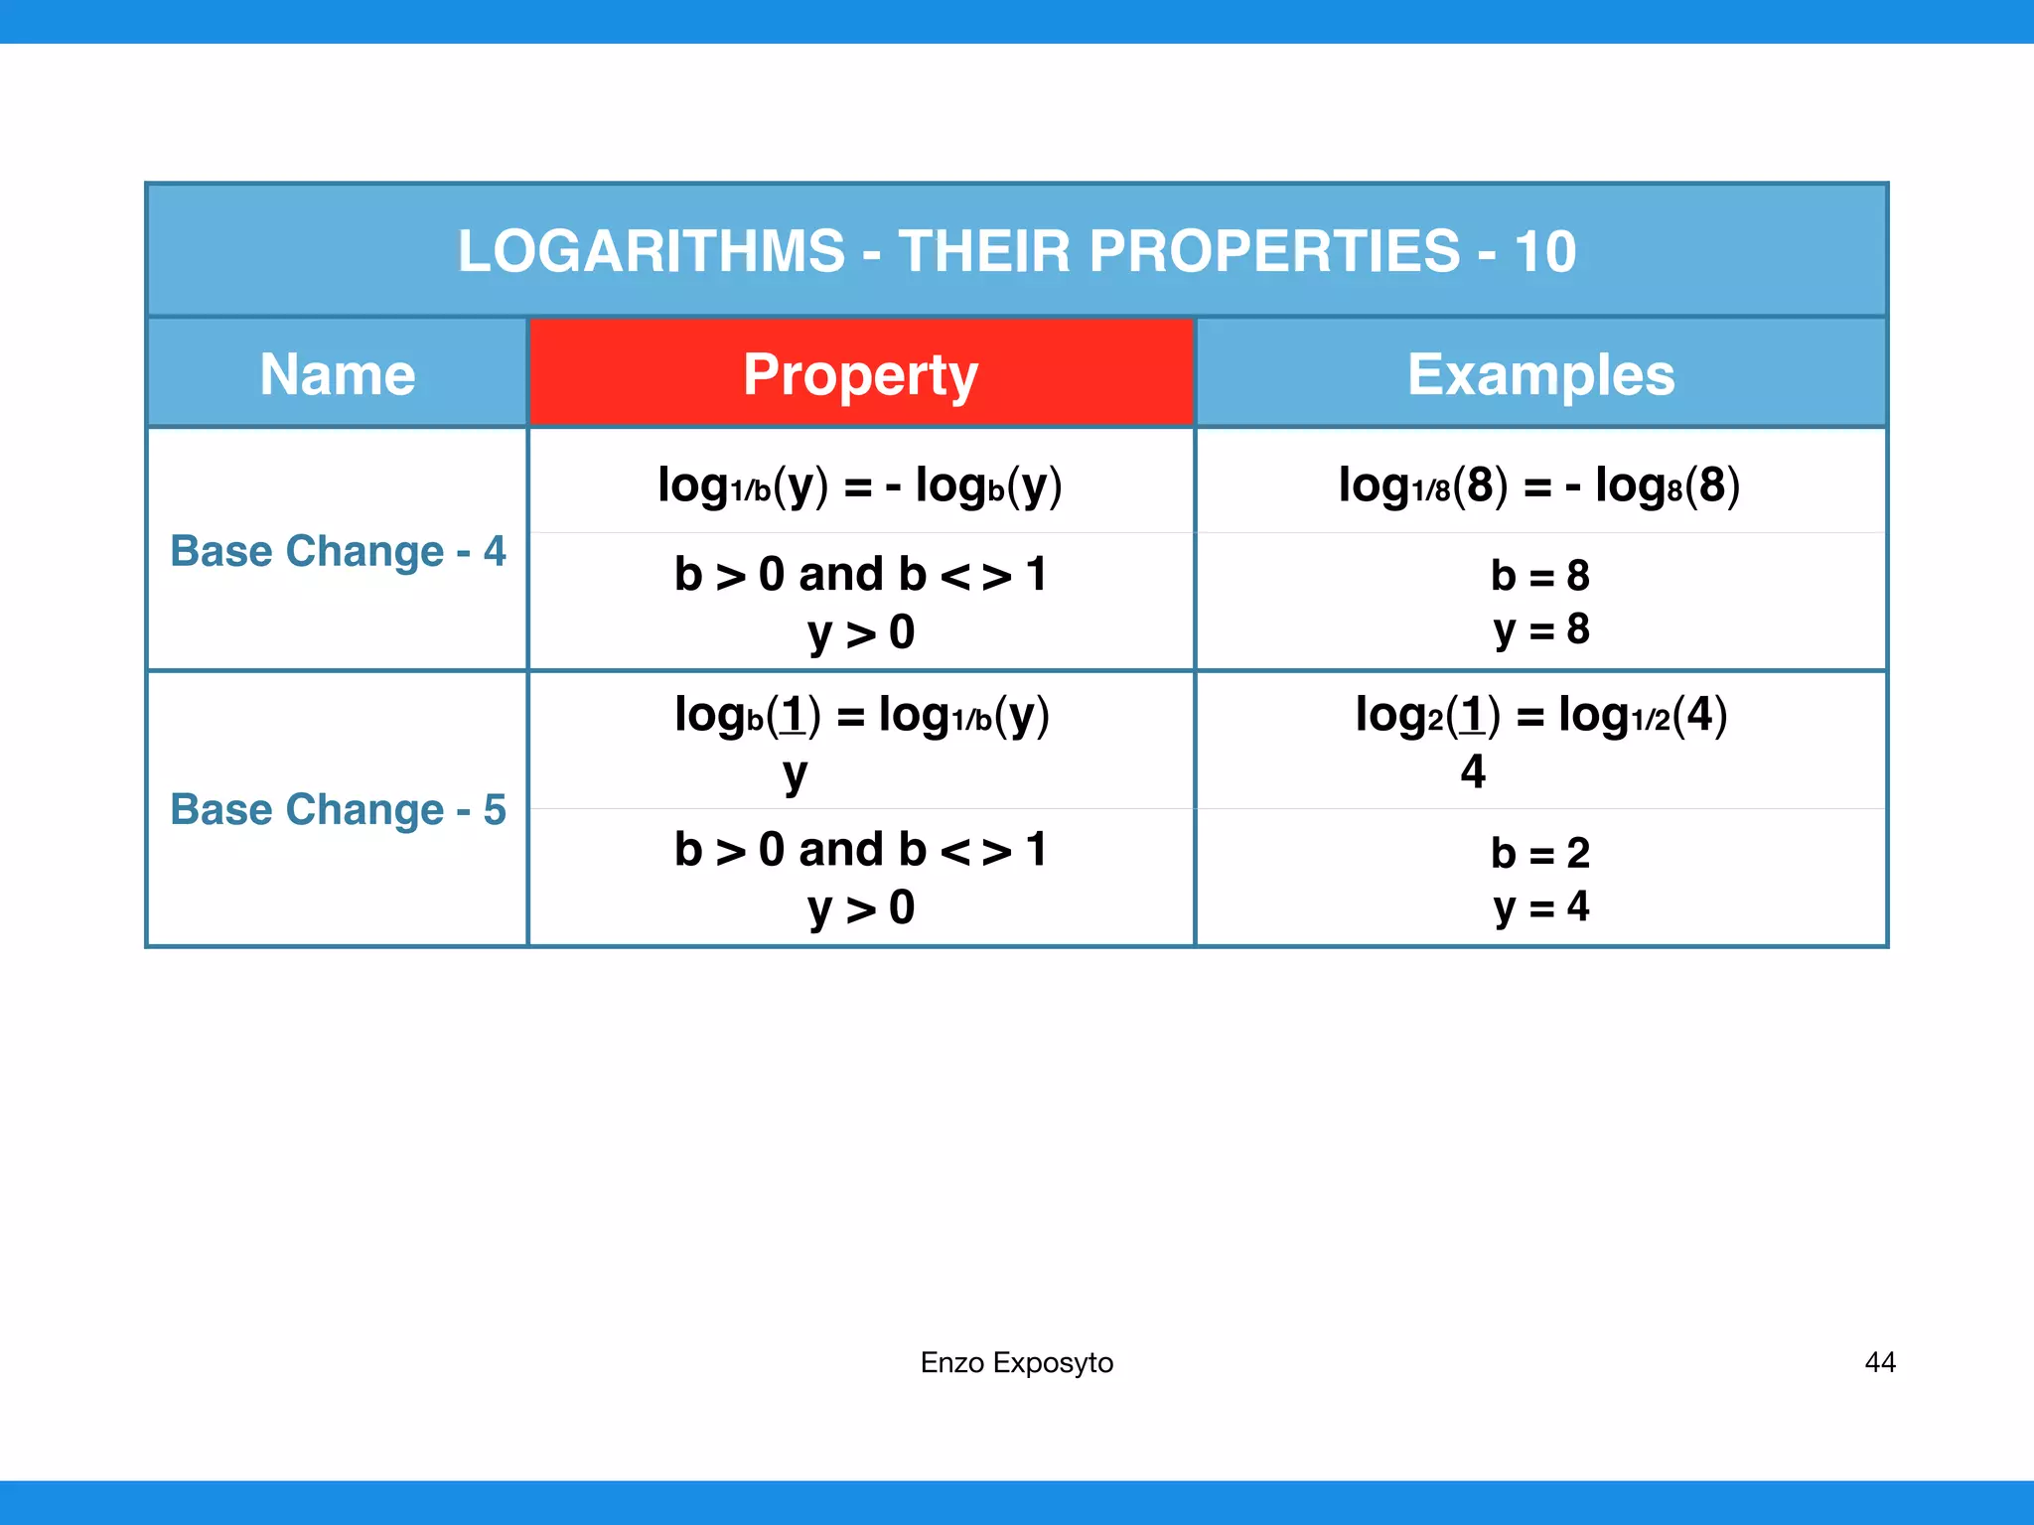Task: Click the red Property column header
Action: (861, 374)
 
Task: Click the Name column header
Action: (338, 374)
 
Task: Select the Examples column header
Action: (1540, 374)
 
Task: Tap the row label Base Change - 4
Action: (338, 551)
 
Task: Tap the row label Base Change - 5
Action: (338, 809)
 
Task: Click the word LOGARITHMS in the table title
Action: (652, 250)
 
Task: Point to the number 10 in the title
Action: (1544, 250)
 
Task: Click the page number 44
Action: (1879, 1362)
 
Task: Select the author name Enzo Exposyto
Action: (1016, 1362)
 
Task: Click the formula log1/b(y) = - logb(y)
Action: (860, 485)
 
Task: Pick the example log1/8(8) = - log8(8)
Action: (1539, 485)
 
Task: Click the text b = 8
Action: (1539, 575)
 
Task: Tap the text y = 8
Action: (1540, 629)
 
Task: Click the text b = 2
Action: (1539, 853)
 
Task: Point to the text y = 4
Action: (1540, 906)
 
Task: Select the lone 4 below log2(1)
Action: (1473, 771)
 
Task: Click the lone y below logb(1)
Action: (795, 773)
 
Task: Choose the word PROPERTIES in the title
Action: (1274, 250)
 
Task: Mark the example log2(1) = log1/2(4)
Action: (1540, 715)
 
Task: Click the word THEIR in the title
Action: (983, 250)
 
